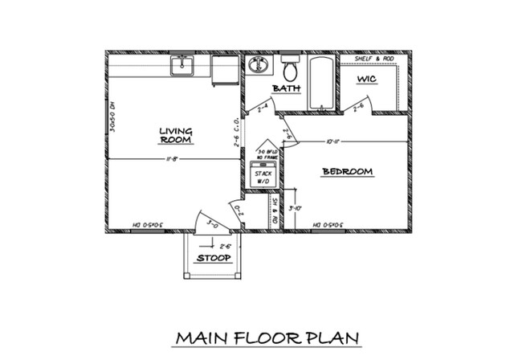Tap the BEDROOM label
347,171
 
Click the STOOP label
213,258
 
